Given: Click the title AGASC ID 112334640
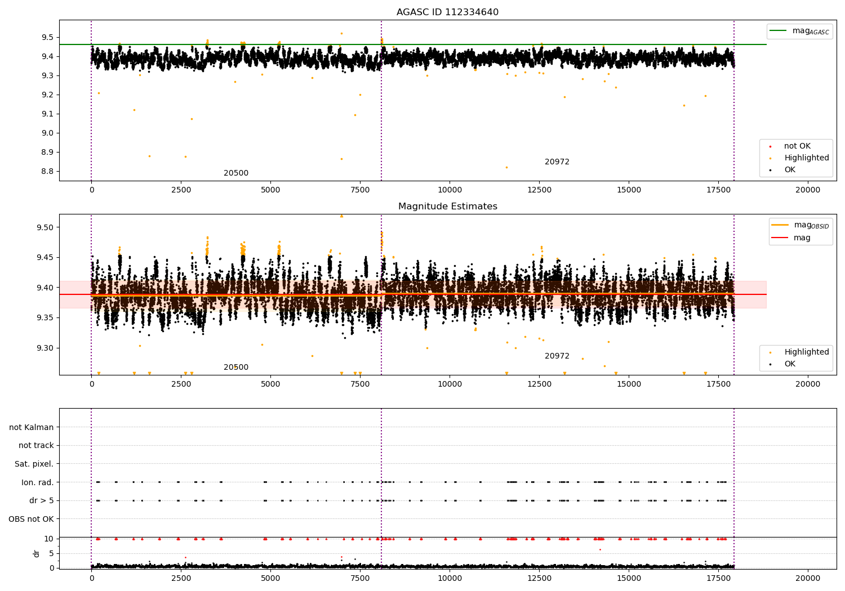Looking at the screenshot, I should click(447, 12).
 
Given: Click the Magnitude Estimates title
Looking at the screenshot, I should click(447, 207).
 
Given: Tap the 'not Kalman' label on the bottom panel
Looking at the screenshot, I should click(32, 427).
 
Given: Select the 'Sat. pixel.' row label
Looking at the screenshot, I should click(34, 464).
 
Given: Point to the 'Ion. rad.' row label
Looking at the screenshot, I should click(37, 482).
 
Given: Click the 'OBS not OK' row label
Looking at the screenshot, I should click(31, 519).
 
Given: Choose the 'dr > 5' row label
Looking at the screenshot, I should click(41, 500).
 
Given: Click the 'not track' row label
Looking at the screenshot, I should click(36, 445).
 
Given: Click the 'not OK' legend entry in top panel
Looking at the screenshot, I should click(797, 146).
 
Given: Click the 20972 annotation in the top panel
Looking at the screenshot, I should click(557, 162).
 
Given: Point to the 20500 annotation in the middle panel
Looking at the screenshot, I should click(235, 368).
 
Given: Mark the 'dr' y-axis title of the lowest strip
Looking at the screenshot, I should click(37, 553).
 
